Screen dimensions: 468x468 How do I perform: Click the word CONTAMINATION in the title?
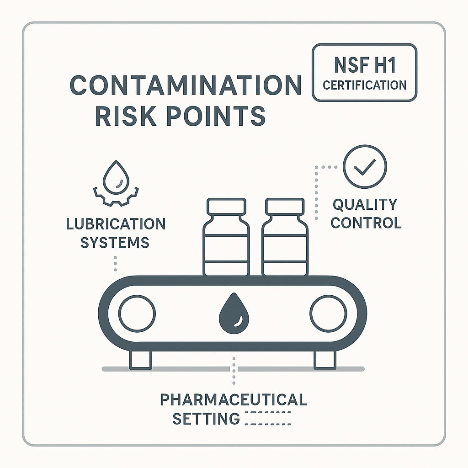(186, 85)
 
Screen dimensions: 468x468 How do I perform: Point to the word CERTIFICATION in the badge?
(364, 85)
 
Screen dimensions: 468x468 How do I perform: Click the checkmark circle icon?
(365, 166)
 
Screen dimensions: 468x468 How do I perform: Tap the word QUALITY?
(365, 205)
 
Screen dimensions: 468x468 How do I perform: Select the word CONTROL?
(366, 223)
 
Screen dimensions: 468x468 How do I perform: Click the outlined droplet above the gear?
(116, 177)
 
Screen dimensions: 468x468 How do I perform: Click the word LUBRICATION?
(116, 224)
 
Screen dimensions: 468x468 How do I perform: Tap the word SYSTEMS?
(115, 242)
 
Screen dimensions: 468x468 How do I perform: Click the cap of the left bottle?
(227, 206)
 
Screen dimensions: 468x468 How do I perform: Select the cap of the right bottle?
(285, 206)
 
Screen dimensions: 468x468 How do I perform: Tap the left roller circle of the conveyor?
(137, 314)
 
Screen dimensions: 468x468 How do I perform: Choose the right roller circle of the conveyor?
(328, 314)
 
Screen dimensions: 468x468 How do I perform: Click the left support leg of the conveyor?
(140, 360)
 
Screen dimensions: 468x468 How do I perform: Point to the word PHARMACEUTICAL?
(234, 399)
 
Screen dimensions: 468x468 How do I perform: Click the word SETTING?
(206, 419)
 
